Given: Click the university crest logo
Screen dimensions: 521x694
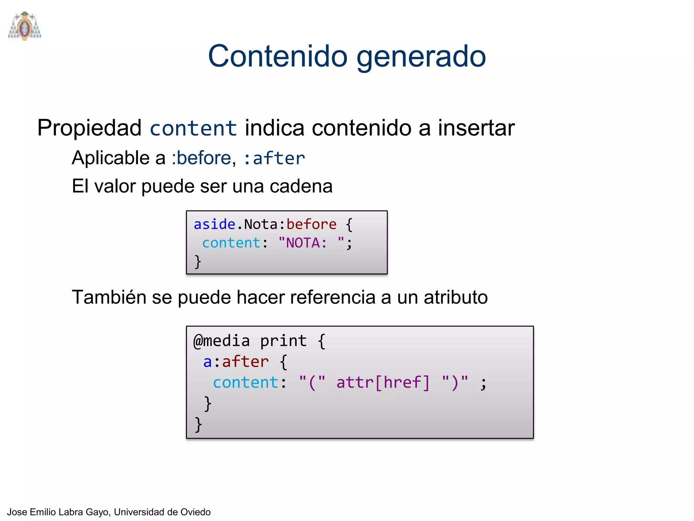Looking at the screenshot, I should coord(24,26).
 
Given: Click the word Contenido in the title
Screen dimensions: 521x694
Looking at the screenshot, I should coord(278,56).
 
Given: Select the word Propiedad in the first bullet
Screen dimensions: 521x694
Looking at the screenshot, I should coord(89,129).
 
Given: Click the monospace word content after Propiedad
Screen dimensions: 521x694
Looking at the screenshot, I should coord(193,129).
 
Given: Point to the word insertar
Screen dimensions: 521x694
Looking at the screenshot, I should coord(476,128).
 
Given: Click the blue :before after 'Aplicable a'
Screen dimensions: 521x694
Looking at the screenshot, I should coord(201,158).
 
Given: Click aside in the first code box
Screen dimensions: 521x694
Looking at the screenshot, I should coord(214,225).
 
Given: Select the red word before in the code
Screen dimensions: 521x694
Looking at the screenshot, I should coord(311,225).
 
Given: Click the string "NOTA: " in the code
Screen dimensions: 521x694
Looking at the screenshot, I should coord(311,243).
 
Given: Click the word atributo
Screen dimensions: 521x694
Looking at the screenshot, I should coord(455,297).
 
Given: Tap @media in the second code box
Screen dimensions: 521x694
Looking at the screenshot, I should coord(222,341).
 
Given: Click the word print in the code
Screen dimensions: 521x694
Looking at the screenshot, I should coord(283,341).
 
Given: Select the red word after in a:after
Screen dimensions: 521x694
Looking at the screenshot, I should coord(245,362).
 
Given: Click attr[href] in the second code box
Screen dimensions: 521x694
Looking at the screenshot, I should coord(383,383).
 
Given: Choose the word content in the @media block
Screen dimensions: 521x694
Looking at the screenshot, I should coord(245,383).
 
